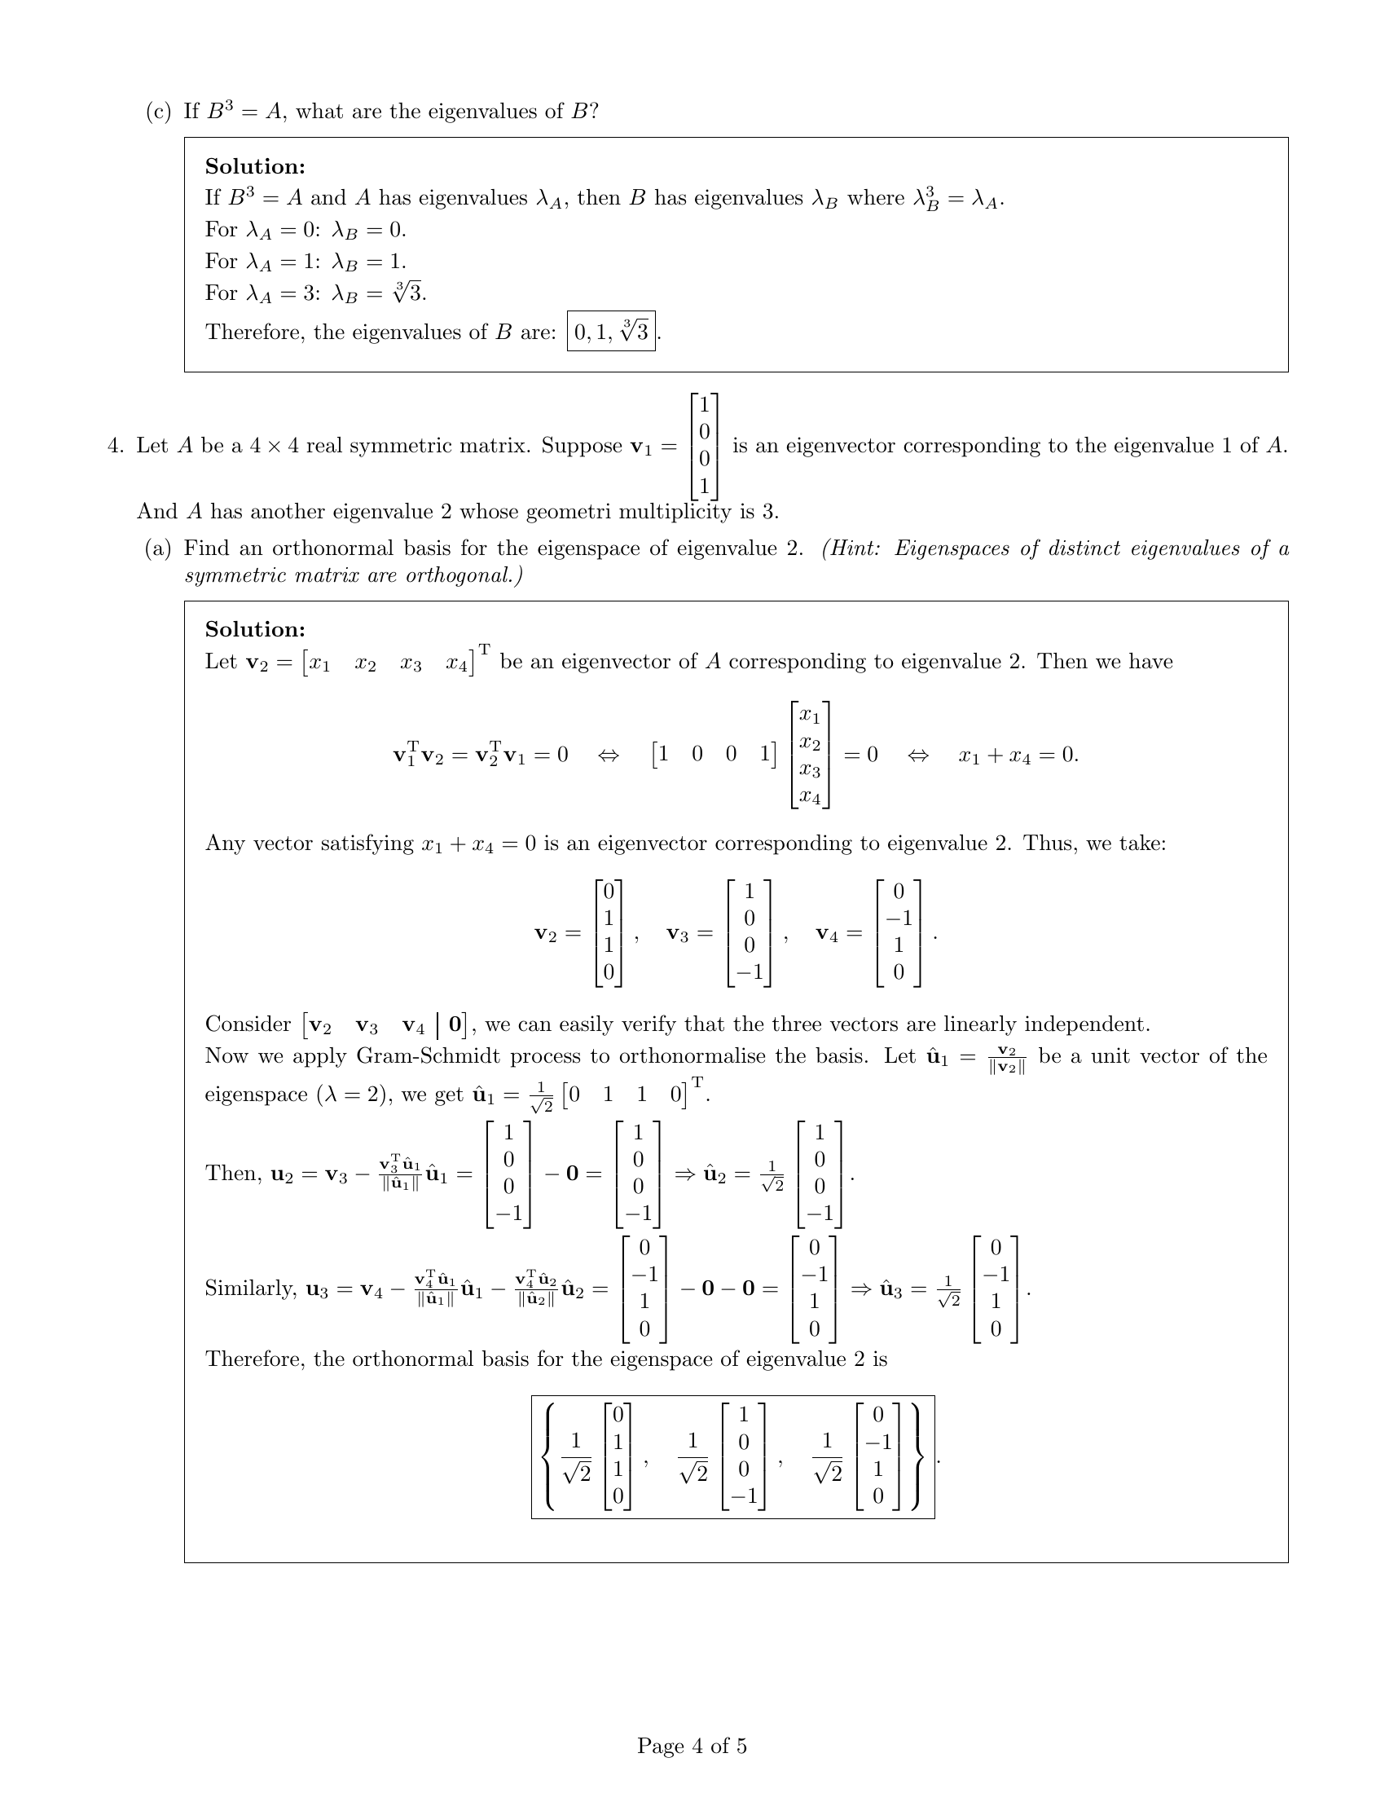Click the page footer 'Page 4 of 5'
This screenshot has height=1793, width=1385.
point(692,1746)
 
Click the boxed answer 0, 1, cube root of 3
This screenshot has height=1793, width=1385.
point(610,332)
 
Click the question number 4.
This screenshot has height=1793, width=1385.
point(115,446)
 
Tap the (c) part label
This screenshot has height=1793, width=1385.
point(157,111)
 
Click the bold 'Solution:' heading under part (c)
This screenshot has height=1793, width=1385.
point(255,166)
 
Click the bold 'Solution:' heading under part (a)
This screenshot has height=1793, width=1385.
point(255,630)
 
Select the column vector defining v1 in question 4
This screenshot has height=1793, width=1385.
point(704,447)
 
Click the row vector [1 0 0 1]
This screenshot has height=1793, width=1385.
point(713,755)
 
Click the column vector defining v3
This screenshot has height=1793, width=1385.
point(748,932)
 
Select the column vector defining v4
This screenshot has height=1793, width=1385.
point(899,932)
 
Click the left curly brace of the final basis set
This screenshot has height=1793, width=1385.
point(552,1457)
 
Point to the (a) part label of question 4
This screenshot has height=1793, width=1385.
point(157,548)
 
